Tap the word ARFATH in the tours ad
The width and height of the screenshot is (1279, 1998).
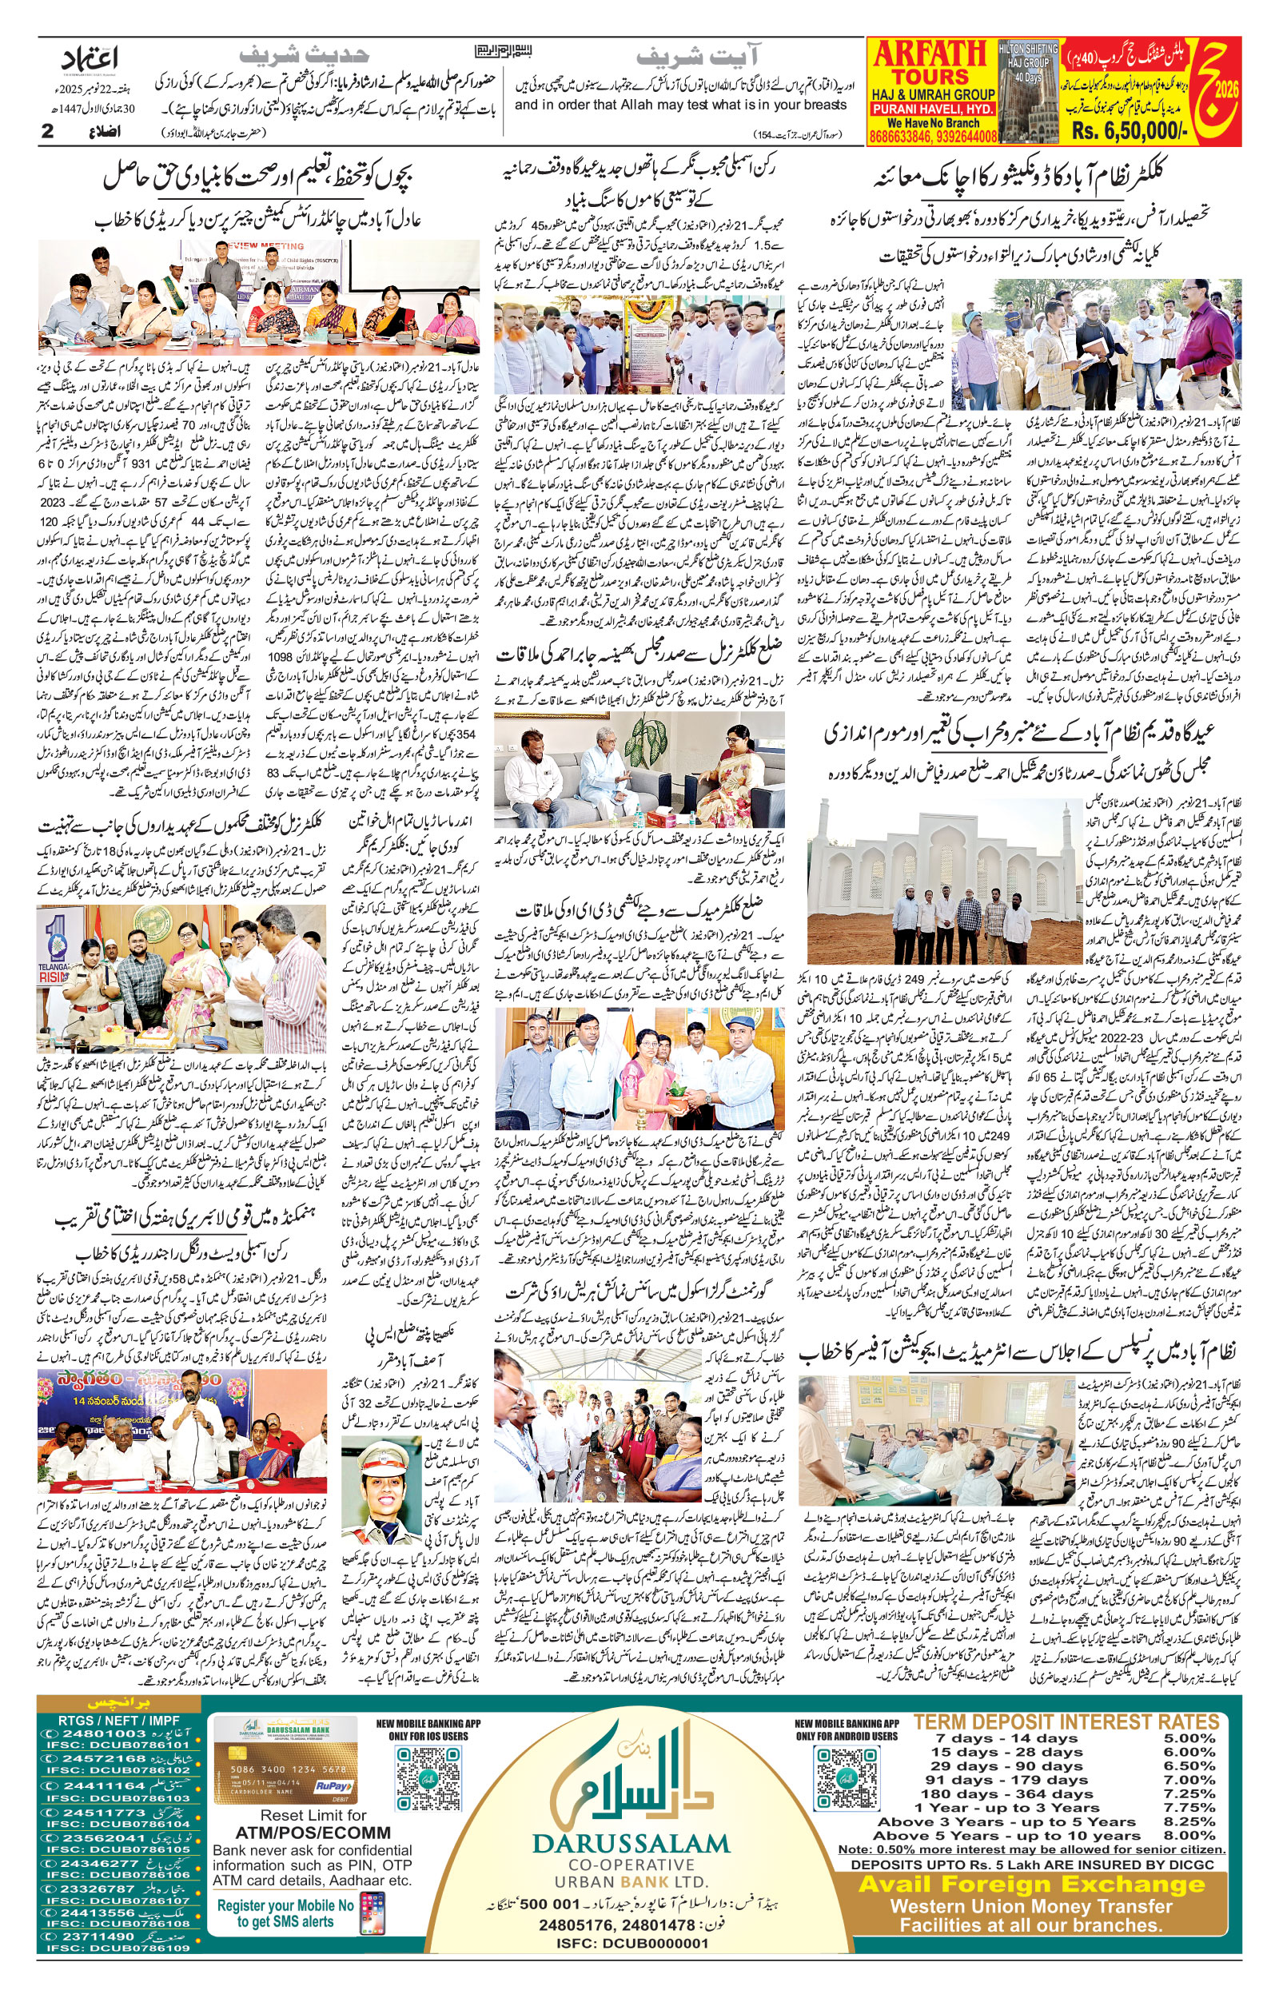[x=930, y=55]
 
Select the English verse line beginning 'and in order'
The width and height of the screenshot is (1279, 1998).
[x=680, y=105]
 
